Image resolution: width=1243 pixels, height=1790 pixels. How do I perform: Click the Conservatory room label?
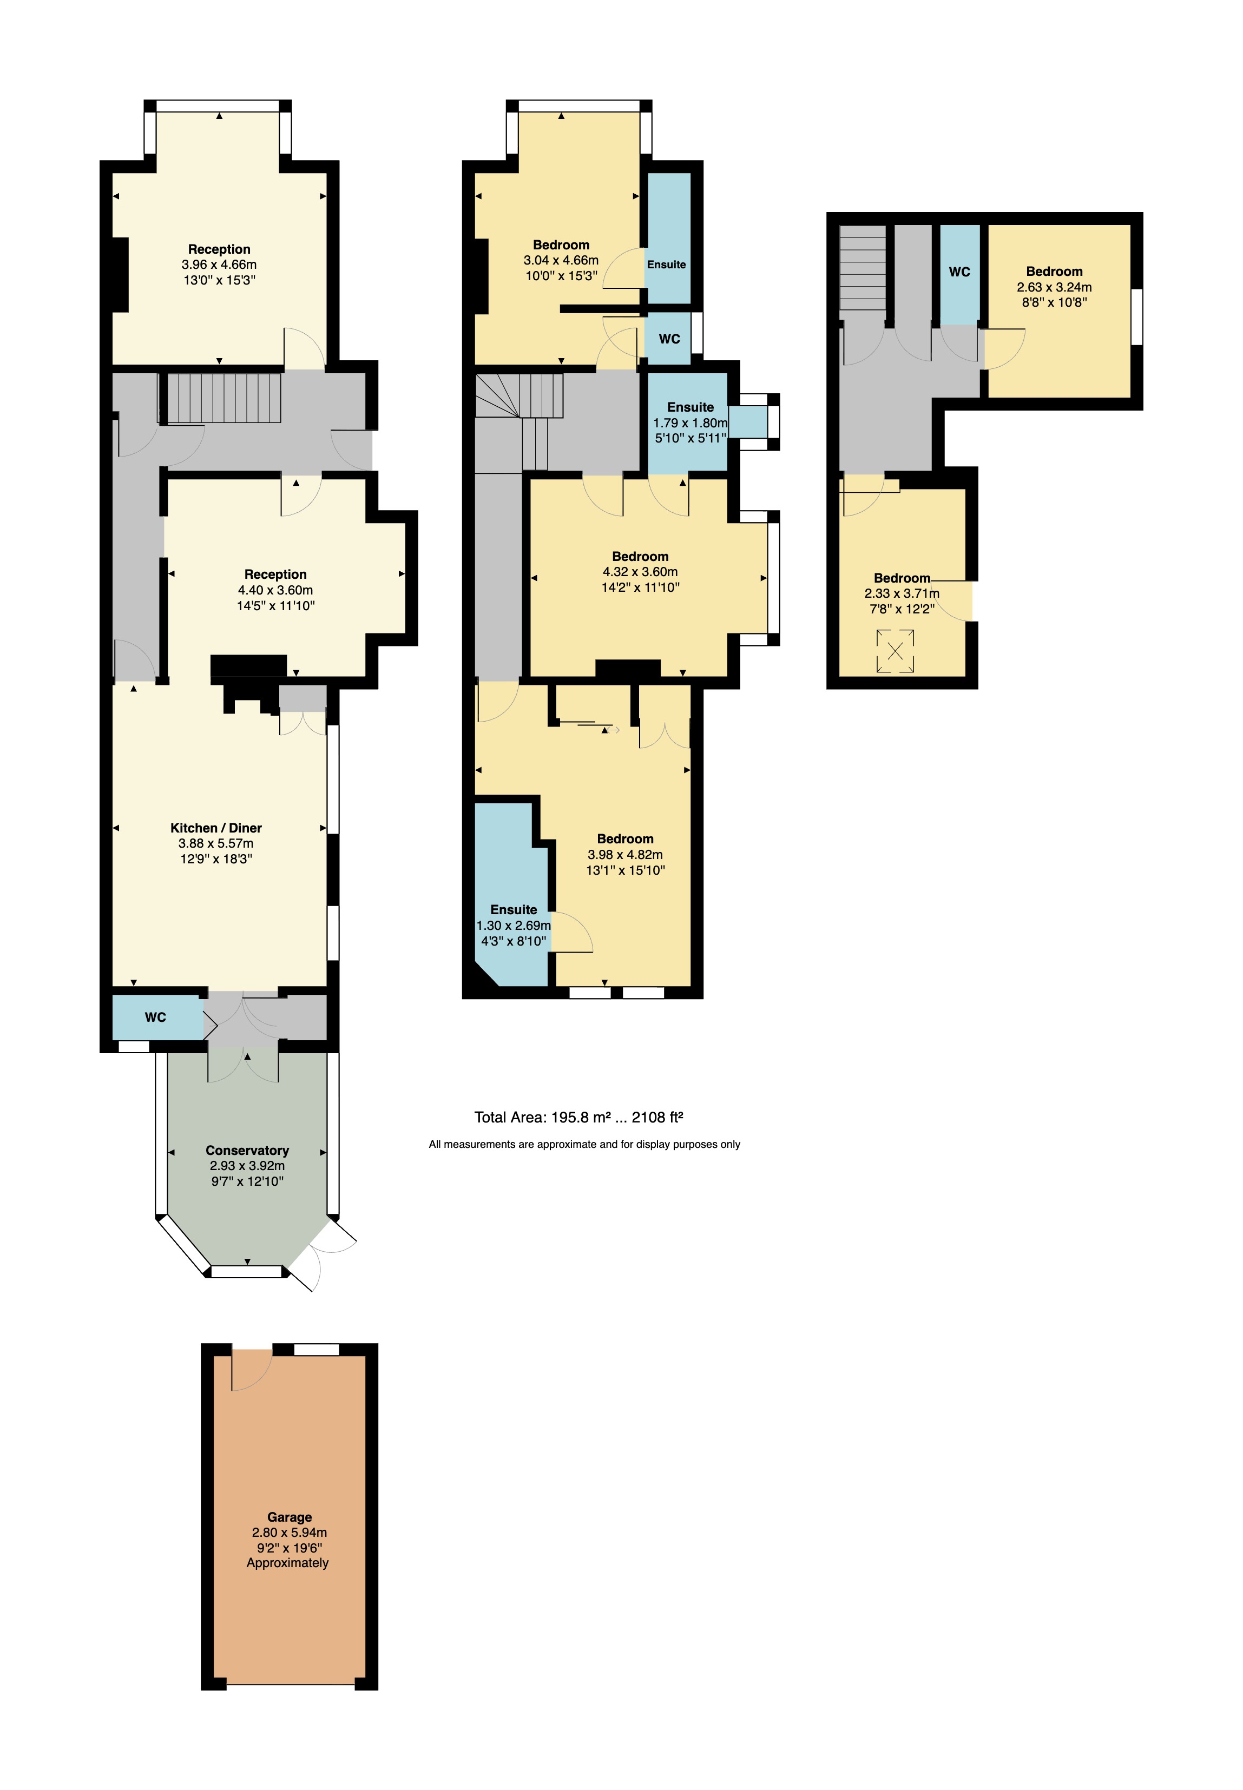click(x=247, y=1150)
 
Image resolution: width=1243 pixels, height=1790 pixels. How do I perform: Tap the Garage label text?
click(x=289, y=1517)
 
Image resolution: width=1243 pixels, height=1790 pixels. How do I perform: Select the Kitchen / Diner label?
click(x=216, y=828)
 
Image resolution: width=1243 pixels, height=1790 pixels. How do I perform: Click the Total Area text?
click(x=578, y=1117)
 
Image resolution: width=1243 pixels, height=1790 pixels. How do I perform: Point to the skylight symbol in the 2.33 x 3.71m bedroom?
click(x=895, y=651)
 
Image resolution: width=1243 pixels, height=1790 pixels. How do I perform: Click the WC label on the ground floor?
click(x=155, y=1017)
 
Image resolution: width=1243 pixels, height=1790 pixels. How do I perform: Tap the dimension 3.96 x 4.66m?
click(x=219, y=265)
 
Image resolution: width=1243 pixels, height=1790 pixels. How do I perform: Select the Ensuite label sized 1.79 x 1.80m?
click(x=690, y=407)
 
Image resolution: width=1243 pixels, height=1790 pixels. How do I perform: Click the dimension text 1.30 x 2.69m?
click(x=513, y=926)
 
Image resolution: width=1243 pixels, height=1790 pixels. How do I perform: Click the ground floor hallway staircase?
click(x=224, y=398)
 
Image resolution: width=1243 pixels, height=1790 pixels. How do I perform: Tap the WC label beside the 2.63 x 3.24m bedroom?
click(x=959, y=272)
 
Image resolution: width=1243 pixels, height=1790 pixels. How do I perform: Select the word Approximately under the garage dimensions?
click(x=287, y=1563)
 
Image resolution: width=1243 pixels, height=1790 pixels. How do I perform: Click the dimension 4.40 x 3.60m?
click(x=275, y=590)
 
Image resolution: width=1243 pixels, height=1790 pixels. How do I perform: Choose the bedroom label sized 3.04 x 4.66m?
click(x=561, y=245)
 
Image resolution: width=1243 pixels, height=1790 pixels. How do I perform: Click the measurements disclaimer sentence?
click(x=584, y=1145)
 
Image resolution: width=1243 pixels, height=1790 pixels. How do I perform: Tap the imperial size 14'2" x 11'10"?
click(x=640, y=587)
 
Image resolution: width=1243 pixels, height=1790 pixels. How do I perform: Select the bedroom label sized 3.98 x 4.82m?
click(x=624, y=838)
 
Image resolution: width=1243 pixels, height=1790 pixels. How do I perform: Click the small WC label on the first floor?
click(x=669, y=339)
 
